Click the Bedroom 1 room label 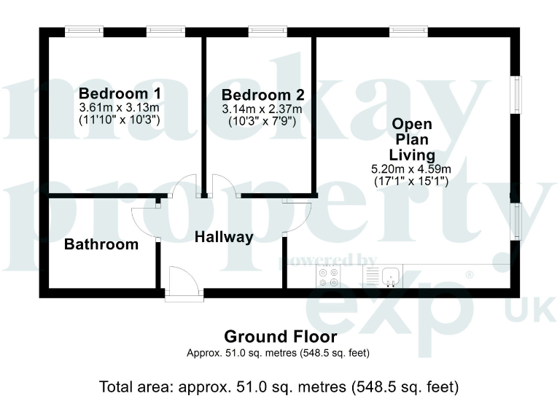(120, 93)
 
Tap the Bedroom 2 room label (262, 96)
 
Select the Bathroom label (101, 244)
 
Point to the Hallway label (224, 237)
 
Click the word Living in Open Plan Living (412, 155)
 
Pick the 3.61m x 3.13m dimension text (120, 107)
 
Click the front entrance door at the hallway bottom (182, 282)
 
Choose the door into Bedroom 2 (225, 187)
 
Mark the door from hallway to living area (297, 216)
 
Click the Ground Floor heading (280, 337)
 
